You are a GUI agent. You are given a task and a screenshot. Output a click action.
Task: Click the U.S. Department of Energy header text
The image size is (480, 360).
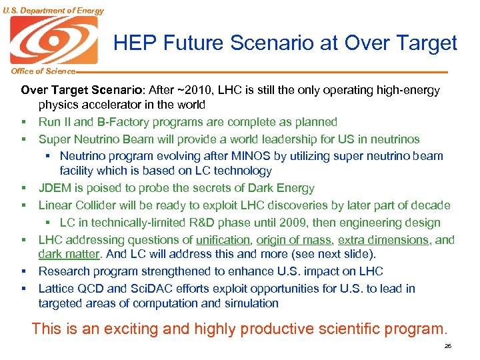pyautogui.click(x=53, y=10)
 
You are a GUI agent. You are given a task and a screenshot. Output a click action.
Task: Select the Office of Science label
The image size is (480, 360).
pyautogui.click(x=37, y=71)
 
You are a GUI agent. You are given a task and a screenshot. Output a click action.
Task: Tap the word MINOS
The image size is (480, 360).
pyautogui.click(x=213, y=156)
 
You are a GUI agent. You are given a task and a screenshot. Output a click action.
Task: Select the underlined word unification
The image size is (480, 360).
pyautogui.click(x=224, y=239)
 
